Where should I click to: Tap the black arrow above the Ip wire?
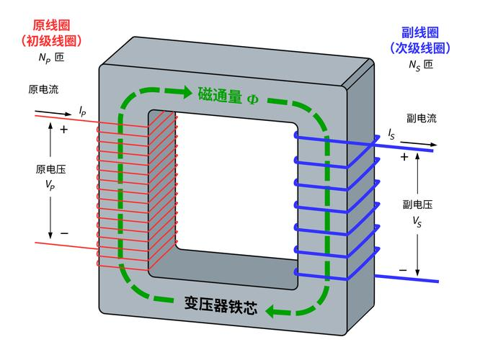point(53,112)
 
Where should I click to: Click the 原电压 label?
point(50,170)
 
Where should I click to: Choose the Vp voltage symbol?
point(50,184)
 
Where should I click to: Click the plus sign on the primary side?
point(64,130)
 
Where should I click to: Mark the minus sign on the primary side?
point(64,233)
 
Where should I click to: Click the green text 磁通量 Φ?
point(228,94)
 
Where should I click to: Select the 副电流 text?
point(421,119)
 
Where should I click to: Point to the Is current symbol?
point(391,135)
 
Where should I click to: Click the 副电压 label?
point(417,204)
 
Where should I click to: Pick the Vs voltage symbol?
point(417,222)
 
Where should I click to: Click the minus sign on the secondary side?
point(403,271)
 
